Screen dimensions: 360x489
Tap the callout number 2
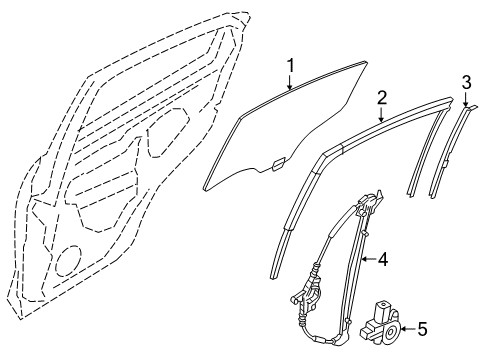tap(382, 98)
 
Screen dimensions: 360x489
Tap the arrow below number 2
tap(382, 116)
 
